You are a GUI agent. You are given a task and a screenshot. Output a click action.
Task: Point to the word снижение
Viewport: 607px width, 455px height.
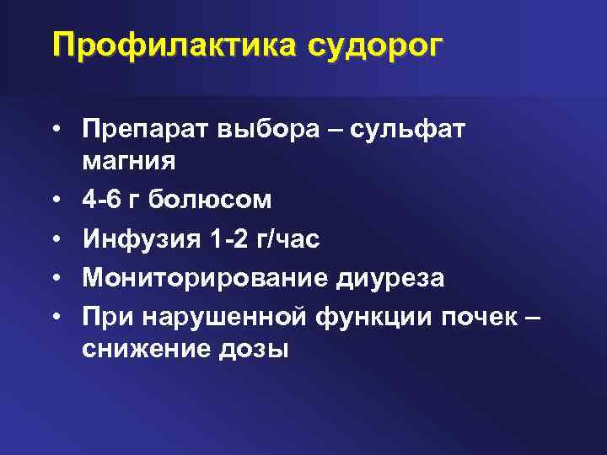(138, 347)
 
